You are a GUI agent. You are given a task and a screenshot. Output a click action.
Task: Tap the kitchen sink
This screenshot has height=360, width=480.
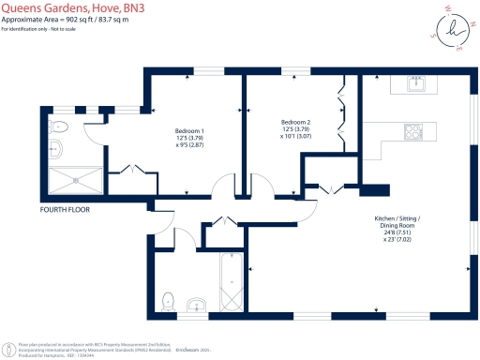(417, 85)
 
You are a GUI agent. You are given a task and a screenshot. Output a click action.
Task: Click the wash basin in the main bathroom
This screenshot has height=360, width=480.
(198, 306)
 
